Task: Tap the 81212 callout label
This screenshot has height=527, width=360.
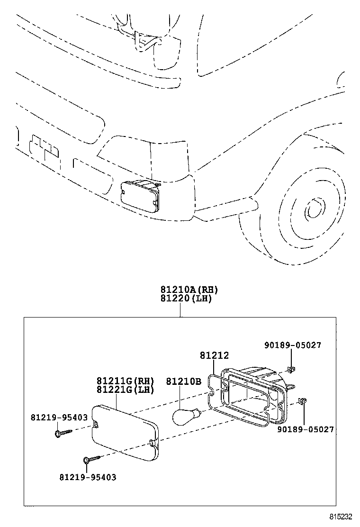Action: coord(214,355)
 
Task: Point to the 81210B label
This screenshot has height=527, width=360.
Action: coord(183,381)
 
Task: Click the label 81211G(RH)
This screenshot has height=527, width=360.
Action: coord(126,381)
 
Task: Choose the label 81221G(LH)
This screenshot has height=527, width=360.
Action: coord(126,390)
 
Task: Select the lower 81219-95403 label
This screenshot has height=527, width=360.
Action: coord(88,477)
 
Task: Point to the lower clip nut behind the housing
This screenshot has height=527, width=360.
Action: coord(305,401)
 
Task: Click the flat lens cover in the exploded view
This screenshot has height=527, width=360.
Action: coord(124,431)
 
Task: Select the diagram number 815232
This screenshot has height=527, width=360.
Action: coord(342,517)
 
